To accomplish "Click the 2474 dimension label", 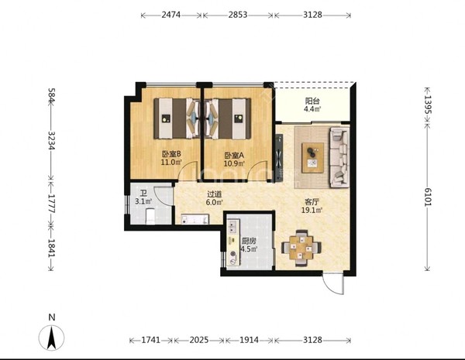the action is [170, 15].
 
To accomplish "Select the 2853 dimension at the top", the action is [238, 15].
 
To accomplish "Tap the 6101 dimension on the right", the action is [427, 197].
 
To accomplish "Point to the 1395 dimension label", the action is [427, 105].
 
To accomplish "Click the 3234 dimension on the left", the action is [50, 141].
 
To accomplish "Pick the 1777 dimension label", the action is [50, 204].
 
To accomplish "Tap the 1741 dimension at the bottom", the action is [150, 340].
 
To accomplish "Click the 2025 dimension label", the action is [199, 340].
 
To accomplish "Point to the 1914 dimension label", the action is [249, 340].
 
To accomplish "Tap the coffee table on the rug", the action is [312, 158].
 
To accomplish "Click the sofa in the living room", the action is [339, 157].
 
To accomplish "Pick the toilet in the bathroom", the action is [150, 216].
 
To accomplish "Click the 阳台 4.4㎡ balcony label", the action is [312, 105].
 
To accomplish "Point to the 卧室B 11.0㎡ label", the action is [171, 158].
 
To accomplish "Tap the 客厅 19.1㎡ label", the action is [312, 206].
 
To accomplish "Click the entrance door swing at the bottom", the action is [332, 285].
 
